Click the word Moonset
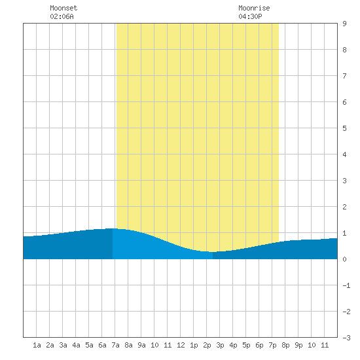63,8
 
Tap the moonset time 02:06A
62,16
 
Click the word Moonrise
254,8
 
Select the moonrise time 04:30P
250,16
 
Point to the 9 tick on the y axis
344,24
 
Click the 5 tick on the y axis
344,128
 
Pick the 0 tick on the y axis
344,259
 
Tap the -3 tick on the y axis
346,338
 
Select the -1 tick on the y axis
346,285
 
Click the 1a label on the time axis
37,345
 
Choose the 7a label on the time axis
115,345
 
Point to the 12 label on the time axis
181,345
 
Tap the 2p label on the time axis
207,345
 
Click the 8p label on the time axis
285,345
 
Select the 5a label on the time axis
89,345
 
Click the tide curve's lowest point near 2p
212,252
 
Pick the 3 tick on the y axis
344,181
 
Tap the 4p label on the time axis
233,345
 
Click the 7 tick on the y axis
344,76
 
